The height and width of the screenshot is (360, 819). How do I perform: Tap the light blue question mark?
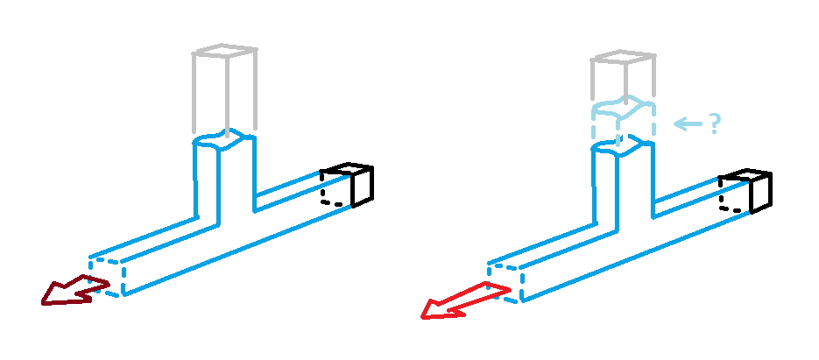point(714,124)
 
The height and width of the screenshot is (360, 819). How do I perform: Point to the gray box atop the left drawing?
point(224,88)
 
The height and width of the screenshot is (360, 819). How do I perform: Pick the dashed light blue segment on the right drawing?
point(623,123)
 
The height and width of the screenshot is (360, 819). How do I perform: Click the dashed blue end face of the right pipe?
point(506,279)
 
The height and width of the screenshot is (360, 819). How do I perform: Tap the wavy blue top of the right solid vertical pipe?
point(623,146)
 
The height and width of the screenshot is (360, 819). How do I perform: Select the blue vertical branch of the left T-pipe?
point(224,180)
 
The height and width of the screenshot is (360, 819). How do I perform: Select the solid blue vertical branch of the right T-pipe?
point(623,184)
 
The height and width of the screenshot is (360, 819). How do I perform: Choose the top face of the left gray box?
point(224,50)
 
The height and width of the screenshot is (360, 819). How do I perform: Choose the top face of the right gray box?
point(623,58)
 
